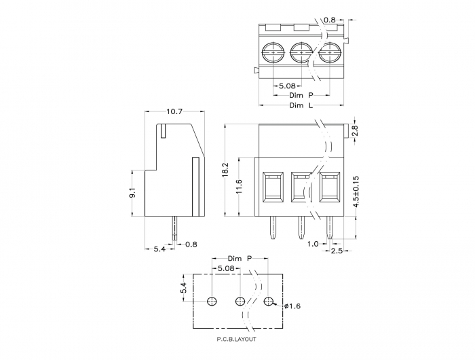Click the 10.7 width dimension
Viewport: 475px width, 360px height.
pos(174,111)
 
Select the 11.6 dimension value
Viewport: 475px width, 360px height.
pos(240,187)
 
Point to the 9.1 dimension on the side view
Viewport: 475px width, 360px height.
pos(133,193)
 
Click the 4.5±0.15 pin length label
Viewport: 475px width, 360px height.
pos(356,192)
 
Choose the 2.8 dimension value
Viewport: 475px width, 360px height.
pos(356,130)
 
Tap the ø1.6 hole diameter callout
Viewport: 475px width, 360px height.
pos(292,306)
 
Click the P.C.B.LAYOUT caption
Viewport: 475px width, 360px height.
pos(237,339)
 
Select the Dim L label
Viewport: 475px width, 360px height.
pos(301,105)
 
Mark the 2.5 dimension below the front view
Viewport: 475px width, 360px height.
pos(337,251)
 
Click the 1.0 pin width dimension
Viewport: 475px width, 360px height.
pos(313,244)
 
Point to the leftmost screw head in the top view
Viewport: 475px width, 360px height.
pos(273,52)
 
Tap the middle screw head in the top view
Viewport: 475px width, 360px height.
pos(301,52)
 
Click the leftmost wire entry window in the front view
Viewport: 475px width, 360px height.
pos(273,187)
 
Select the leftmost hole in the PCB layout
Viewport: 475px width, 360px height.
pos(212,301)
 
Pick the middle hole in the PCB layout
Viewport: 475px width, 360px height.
pos(240,301)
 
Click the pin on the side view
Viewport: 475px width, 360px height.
pos(174,228)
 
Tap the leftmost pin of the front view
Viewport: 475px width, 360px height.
pos(273,228)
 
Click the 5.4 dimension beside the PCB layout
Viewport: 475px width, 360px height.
pos(184,288)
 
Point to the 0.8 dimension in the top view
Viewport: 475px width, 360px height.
pos(330,20)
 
